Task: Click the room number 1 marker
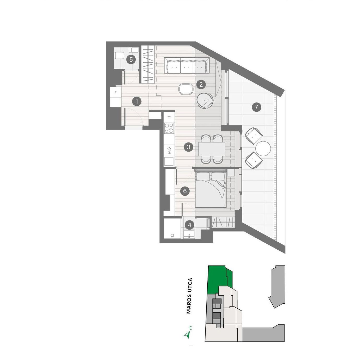click(137, 102)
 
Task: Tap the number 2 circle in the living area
click(201, 85)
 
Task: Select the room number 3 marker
click(189, 147)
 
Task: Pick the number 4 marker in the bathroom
click(190, 225)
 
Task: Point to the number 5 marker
click(131, 59)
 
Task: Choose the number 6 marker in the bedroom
click(185, 191)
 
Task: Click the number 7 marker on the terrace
click(256, 107)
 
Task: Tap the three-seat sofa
click(187, 65)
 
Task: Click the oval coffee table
click(186, 89)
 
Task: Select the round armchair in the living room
click(205, 101)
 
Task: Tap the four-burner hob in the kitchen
click(169, 128)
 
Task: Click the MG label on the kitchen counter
click(169, 150)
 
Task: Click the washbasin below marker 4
click(189, 234)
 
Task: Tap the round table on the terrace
click(263, 148)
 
